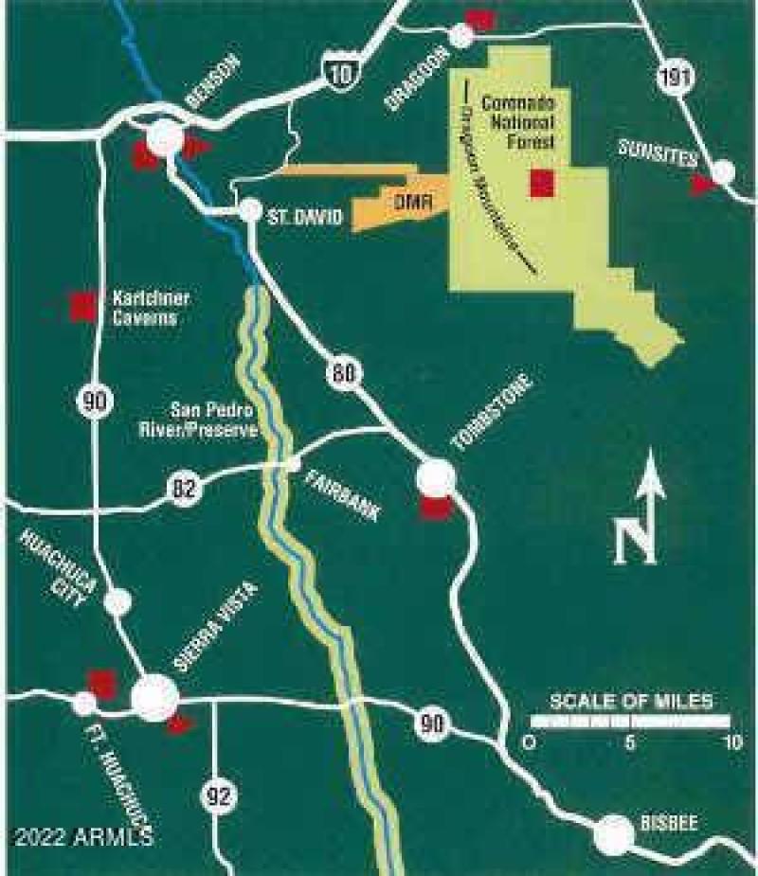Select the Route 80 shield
[x=343, y=373]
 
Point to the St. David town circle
[x=250, y=210]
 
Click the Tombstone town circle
[x=435, y=477]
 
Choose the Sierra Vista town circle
[x=154, y=698]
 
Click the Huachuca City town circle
[x=117, y=600]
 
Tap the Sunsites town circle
[x=723, y=172]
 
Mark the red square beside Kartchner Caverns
[x=82, y=305]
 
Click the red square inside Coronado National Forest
[x=541, y=183]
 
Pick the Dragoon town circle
[x=462, y=36]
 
